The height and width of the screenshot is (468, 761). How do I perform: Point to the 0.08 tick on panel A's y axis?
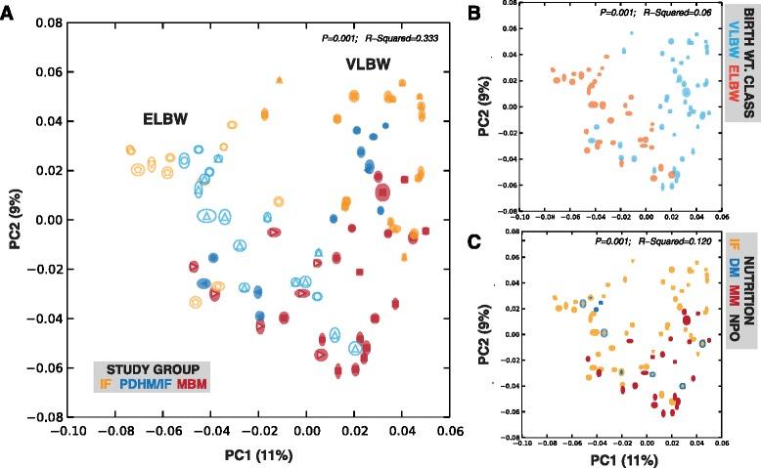pyautogui.click(x=52, y=20)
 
